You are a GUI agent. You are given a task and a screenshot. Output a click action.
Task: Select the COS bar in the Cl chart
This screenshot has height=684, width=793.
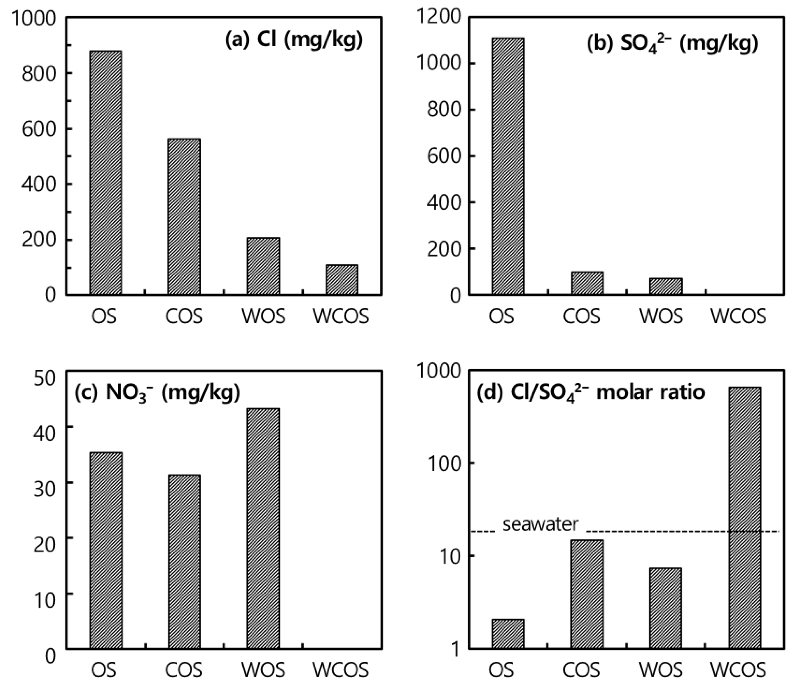[x=184, y=216]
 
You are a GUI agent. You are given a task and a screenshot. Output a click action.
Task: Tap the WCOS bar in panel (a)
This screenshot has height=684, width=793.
[x=342, y=280]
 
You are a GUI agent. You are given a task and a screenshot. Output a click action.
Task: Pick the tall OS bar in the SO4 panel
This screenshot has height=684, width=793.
[x=508, y=167]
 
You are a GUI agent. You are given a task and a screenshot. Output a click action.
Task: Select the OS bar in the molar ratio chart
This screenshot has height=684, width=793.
[x=508, y=634]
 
